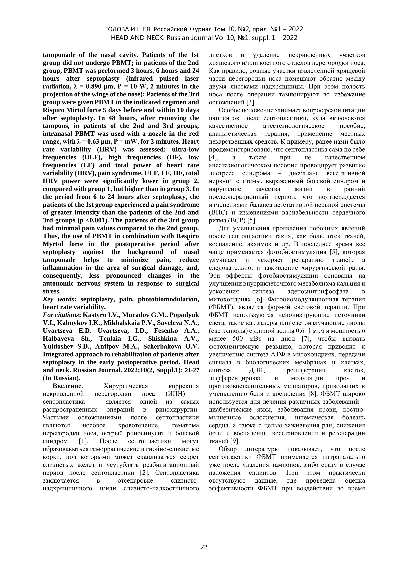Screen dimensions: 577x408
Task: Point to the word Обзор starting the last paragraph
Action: (228, 449)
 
